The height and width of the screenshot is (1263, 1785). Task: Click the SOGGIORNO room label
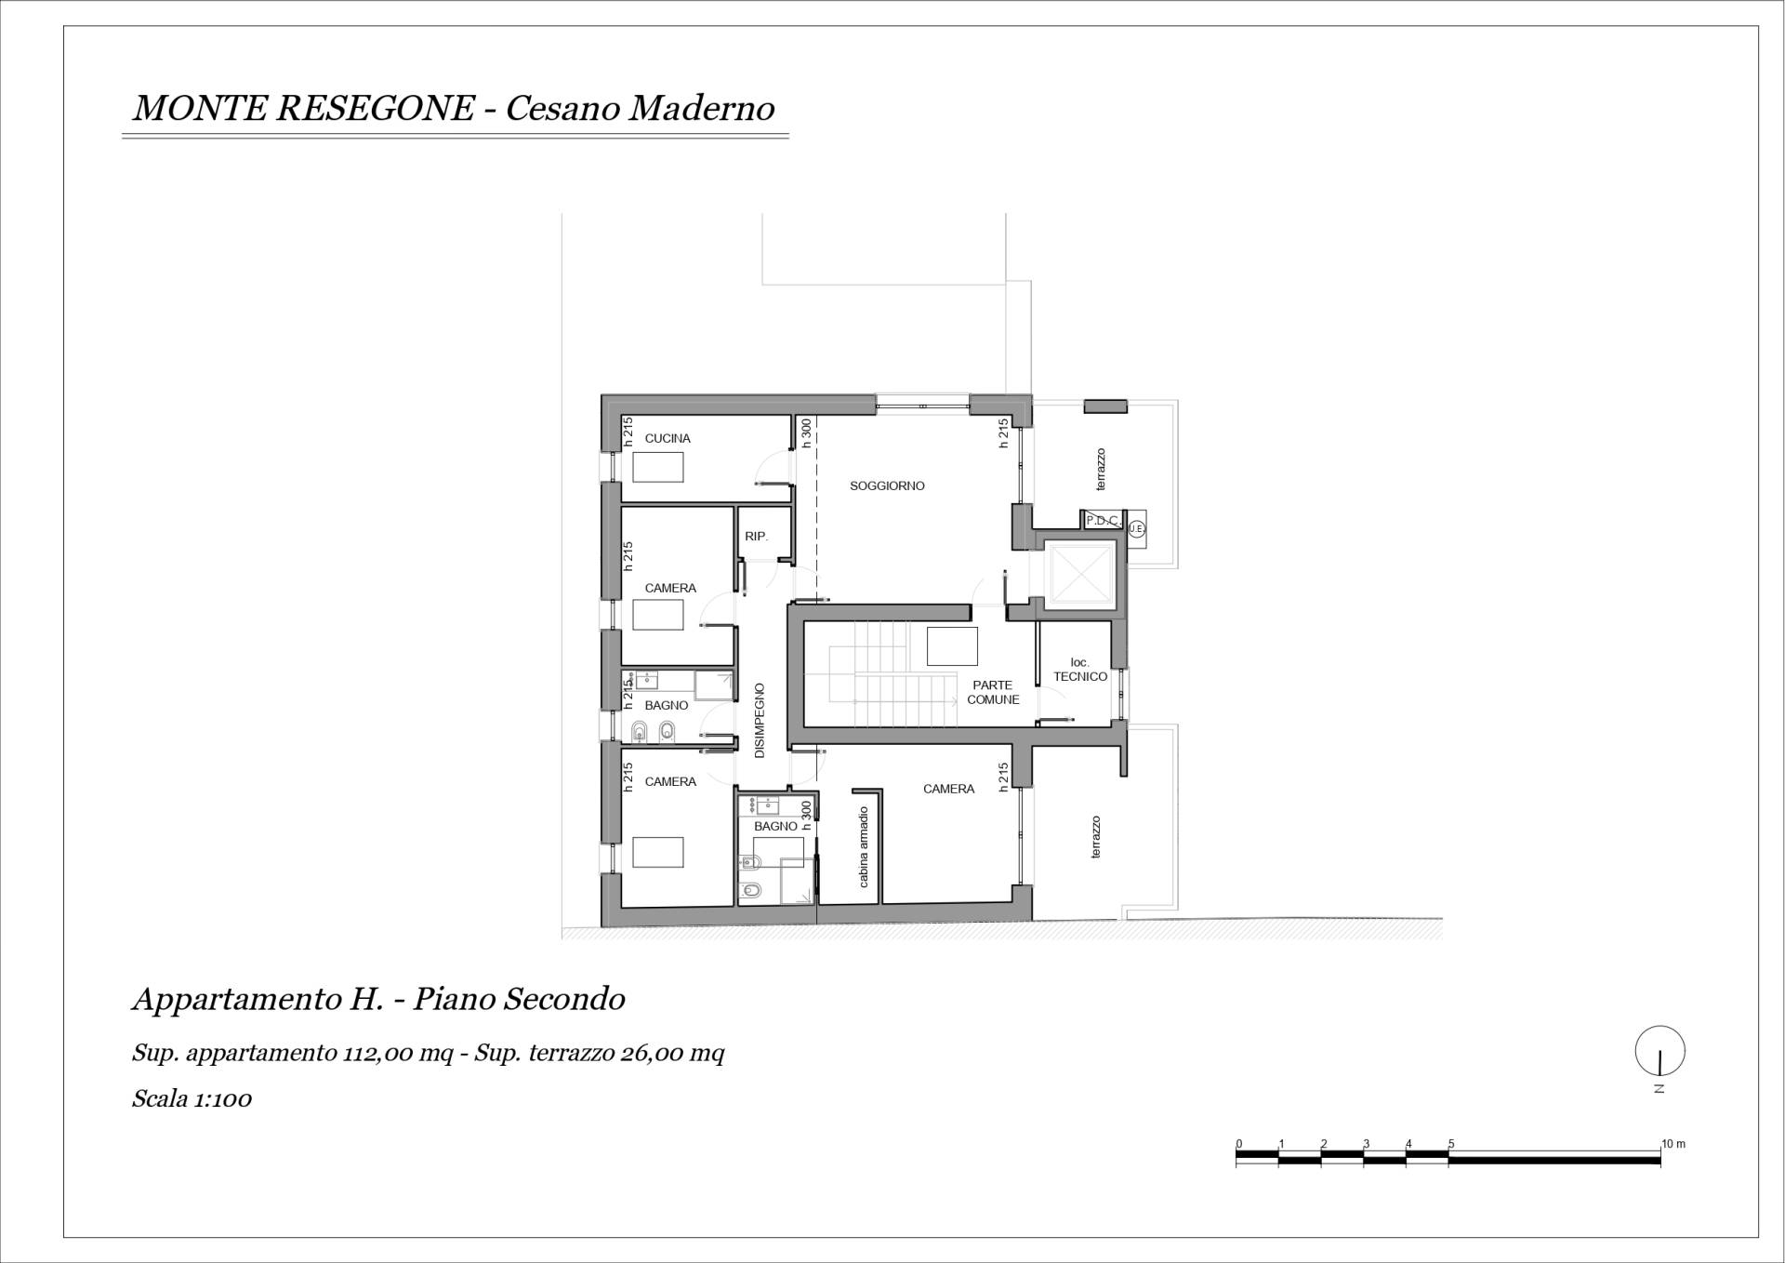click(887, 485)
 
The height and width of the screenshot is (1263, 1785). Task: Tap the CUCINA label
click(668, 438)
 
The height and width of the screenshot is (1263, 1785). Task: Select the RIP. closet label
click(756, 537)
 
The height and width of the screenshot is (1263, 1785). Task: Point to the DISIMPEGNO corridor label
click(760, 720)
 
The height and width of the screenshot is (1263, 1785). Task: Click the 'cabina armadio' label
click(864, 846)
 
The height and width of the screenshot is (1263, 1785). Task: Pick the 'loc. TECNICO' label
click(1080, 670)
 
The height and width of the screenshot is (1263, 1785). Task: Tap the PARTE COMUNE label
click(993, 692)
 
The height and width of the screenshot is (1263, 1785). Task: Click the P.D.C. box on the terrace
click(1103, 520)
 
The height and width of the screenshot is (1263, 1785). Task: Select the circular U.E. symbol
click(1136, 528)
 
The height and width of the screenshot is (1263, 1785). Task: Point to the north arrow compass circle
click(1659, 1050)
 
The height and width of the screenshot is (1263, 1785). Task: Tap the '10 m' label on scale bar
click(1673, 1144)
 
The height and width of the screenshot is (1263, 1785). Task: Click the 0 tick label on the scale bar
click(1238, 1144)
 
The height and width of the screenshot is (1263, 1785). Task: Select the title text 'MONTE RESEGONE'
click(304, 109)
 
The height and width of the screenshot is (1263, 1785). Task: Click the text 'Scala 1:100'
click(192, 1098)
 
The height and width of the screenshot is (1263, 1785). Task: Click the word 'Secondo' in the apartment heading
click(565, 999)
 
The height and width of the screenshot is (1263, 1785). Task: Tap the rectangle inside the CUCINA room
click(658, 467)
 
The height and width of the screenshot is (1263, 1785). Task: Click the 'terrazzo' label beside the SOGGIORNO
click(1101, 470)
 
